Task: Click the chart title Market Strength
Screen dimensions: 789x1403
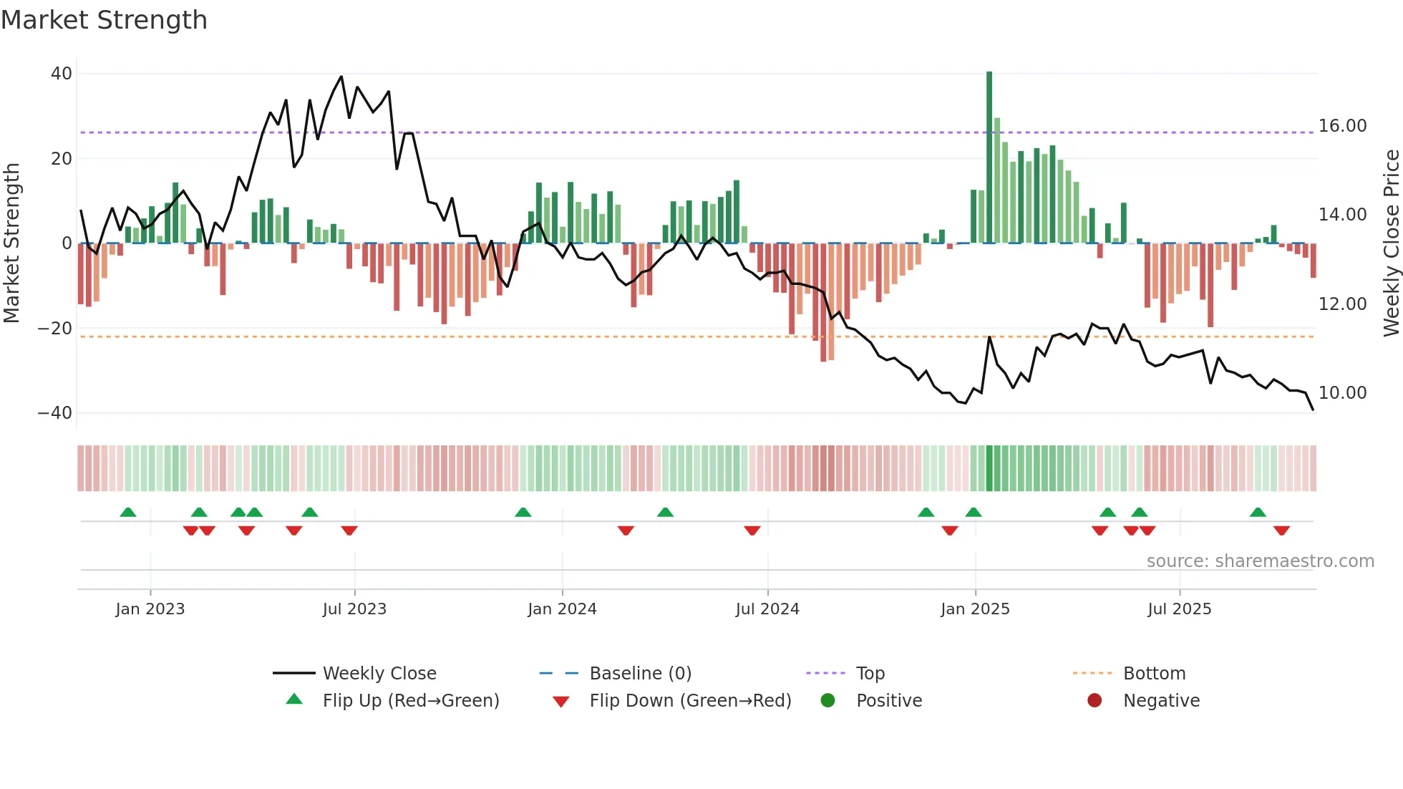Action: [104, 20]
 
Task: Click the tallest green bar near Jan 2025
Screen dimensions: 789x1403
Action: [989, 158]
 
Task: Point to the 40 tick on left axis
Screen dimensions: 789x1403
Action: [62, 74]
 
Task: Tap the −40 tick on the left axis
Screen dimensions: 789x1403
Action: [55, 413]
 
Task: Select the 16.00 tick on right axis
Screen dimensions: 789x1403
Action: [1342, 126]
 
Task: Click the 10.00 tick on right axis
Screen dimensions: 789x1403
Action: [1342, 393]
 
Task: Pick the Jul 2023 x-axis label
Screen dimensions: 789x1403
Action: [354, 609]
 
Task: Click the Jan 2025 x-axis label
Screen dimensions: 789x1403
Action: [975, 609]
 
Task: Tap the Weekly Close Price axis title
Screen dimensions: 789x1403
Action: [1391, 243]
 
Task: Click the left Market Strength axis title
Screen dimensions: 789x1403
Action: [11, 243]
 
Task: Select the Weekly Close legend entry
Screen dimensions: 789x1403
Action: [379, 674]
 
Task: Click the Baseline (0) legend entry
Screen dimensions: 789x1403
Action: [640, 674]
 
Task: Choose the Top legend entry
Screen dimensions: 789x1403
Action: [870, 674]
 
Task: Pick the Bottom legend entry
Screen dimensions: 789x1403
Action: [1154, 674]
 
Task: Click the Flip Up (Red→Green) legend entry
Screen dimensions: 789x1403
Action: [410, 701]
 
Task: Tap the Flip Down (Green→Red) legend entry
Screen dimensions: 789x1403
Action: [690, 701]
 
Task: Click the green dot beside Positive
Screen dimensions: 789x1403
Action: [828, 701]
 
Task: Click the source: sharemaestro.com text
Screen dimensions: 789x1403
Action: [1260, 561]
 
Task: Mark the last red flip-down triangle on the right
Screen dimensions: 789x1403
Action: [1281, 531]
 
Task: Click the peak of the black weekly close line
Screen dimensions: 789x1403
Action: [341, 77]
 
